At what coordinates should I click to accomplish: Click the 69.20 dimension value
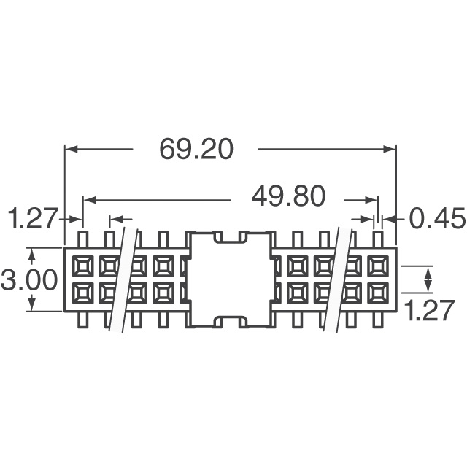tap(196, 149)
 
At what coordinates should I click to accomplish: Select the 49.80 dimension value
tap(288, 196)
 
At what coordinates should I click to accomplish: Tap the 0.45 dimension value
tap(437, 219)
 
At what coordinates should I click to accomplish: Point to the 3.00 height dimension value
tap(29, 279)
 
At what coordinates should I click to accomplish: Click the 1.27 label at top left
tap(33, 219)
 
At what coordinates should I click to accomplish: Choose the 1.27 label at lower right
tap(430, 310)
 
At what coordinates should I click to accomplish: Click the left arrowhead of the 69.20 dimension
tap(71, 149)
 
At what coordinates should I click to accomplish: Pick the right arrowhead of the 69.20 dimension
tap(390, 149)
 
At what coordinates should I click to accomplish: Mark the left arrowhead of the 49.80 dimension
tap(89, 200)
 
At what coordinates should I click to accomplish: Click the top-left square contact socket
tap(83, 266)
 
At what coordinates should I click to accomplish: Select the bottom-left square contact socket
tap(83, 293)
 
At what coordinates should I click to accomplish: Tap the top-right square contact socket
tap(378, 266)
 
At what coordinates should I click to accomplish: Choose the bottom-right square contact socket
tap(378, 293)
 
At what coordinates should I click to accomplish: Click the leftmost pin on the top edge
tap(82, 239)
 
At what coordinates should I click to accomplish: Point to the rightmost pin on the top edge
tap(378, 239)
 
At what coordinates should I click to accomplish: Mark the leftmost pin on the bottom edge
tap(82, 320)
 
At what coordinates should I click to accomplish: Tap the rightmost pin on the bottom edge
tap(378, 320)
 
